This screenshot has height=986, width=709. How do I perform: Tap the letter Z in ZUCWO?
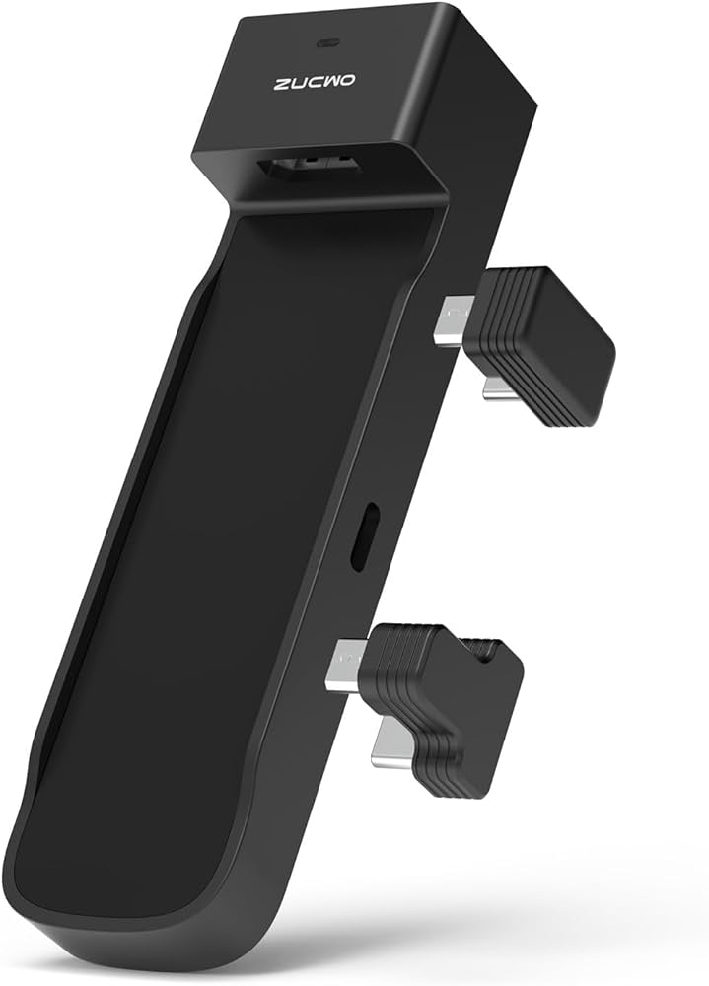click(x=281, y=85)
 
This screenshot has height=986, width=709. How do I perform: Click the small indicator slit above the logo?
click(x=324, y=17)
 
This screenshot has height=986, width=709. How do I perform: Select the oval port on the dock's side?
click(x=361, y=535)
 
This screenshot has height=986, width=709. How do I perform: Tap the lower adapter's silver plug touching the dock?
click(x=346, y=663)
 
